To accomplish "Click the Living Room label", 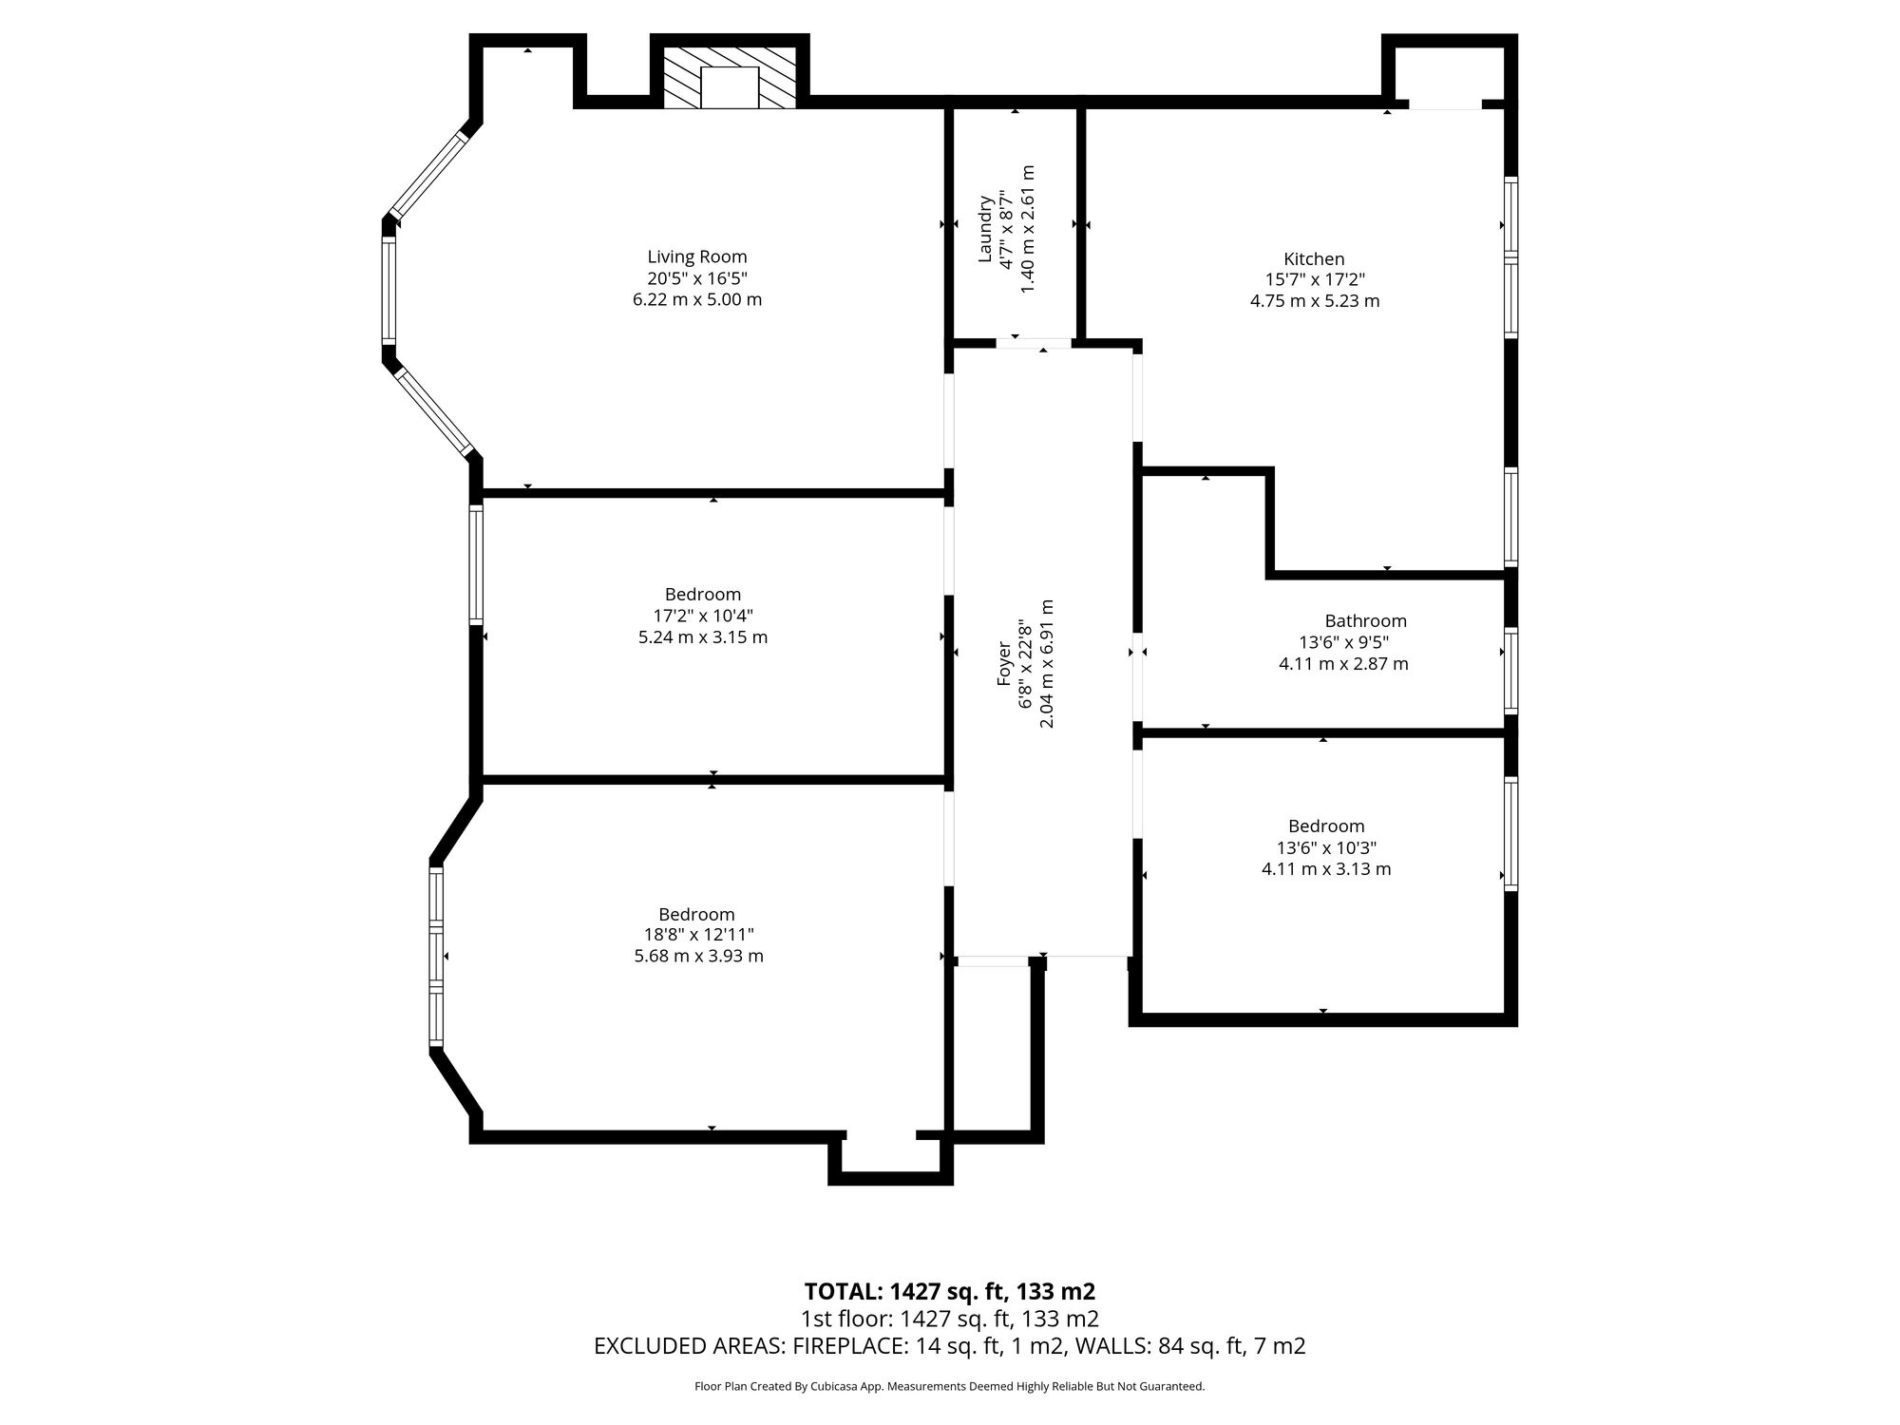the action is [x=697, y=256].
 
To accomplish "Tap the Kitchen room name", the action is [x=1314, y=258].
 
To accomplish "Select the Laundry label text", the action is [x=985, y=229].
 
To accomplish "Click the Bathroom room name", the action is [x=1365, y=621].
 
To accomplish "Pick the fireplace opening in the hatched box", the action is [x=730, y=86].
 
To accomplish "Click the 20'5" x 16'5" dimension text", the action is [x=697, y=278].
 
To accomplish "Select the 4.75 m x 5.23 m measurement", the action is [x=1315, y=301].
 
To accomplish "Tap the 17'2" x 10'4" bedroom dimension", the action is [x=703, y=616].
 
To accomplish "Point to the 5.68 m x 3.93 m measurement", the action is [x=698, y=957].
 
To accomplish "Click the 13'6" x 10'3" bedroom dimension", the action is [x=1326, y=847].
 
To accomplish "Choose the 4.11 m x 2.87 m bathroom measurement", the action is [x=1343, y=664].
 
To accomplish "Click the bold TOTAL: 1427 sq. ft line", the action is [x=950, y=1292].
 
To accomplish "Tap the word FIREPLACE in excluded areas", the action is [x=847, y=1346].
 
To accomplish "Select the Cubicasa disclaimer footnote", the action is [x=950, y=1387].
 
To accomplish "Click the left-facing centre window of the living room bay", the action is [x=389, y=290].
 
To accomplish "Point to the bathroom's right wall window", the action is [x=1510, y=671].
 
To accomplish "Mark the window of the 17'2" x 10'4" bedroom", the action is [x=477, y=564].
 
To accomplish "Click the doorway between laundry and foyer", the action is [x=1035, y=344].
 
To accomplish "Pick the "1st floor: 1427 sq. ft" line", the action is [x=950, y=1319].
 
